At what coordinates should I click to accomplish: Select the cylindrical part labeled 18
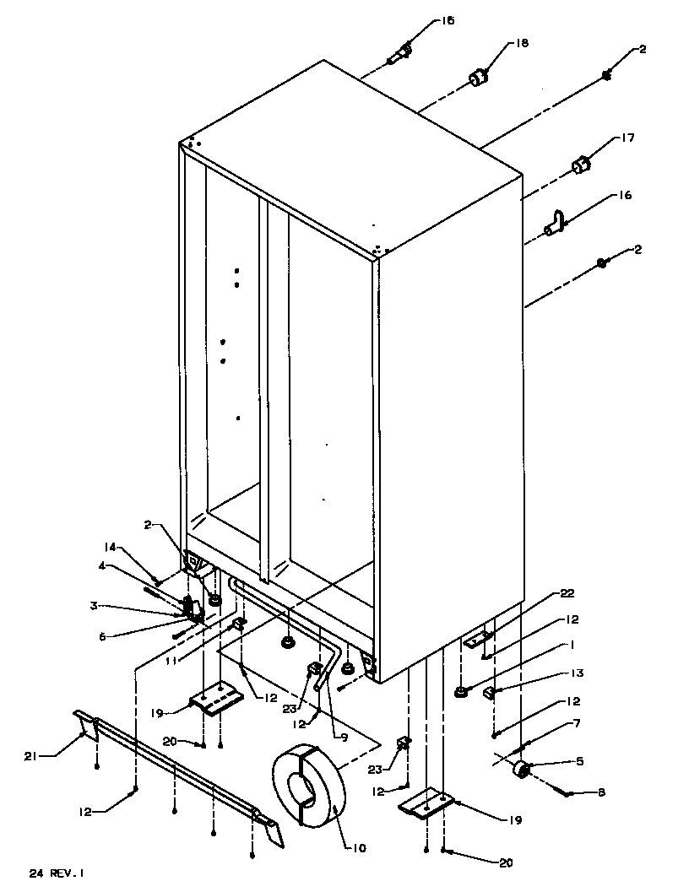(x=480, y=78)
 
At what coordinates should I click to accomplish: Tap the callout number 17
(x=627, y=138)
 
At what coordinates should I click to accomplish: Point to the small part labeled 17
(x=580, y=165)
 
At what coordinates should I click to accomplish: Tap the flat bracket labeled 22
(x=480, y=640)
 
